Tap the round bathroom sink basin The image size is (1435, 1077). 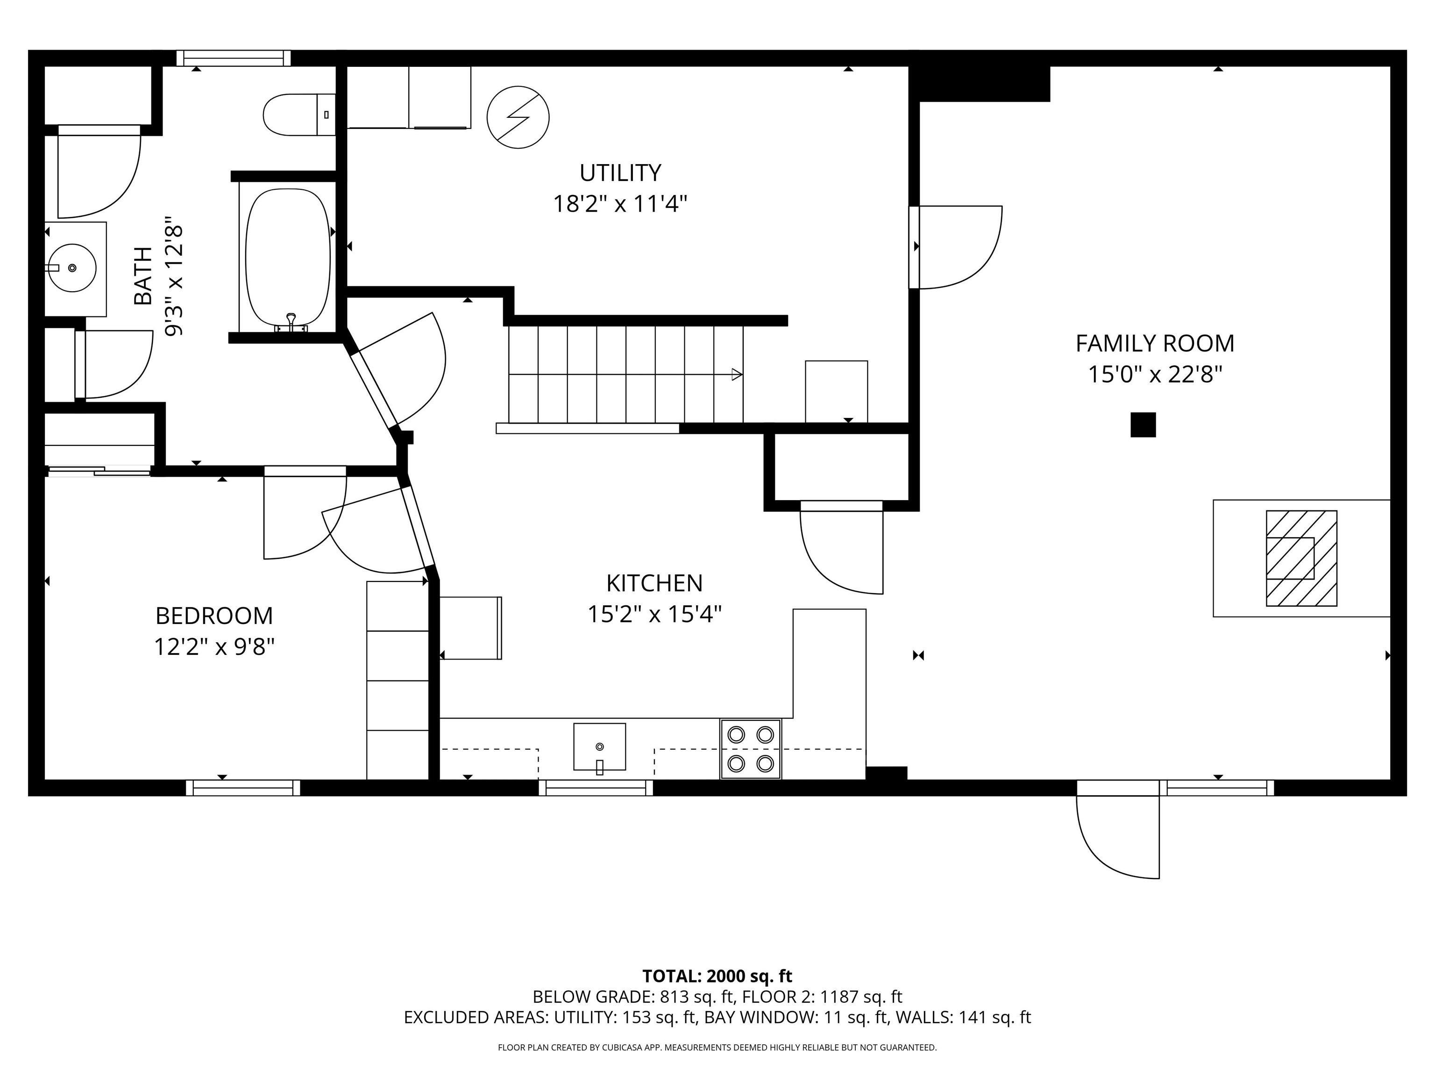72,267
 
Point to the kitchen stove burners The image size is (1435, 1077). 751,748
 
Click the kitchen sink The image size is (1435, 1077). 599,747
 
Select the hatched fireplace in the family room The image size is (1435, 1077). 1301,558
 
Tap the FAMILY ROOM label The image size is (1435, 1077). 1155,344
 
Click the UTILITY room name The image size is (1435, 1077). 620,172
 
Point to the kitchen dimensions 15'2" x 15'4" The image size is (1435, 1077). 654,613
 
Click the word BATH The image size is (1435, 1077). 143,275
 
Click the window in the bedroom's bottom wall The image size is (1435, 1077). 243,788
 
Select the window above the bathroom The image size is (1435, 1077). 234,58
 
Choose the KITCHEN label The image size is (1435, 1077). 654,583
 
